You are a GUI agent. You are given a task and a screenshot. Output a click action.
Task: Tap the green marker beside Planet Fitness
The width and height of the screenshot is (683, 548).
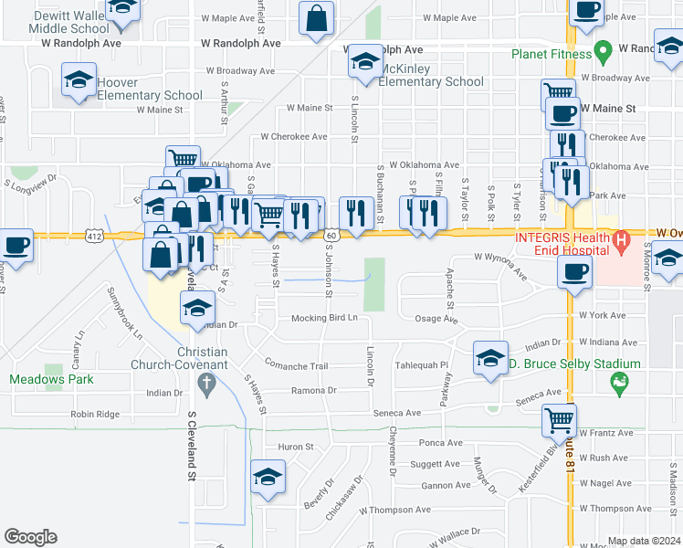[601, 48]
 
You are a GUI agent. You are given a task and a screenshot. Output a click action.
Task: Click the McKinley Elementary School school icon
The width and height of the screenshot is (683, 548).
[365, 63]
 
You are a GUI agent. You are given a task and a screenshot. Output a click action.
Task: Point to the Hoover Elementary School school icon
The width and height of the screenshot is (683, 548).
[79, 79]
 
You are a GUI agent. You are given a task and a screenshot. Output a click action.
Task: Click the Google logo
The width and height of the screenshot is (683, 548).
[30, 536]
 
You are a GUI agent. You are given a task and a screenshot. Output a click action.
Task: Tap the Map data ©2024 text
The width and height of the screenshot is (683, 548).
[643, 541]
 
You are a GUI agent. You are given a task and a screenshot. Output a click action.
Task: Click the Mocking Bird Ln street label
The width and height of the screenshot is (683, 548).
[324, 319]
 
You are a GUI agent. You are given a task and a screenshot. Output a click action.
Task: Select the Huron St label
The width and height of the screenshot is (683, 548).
[295, 448]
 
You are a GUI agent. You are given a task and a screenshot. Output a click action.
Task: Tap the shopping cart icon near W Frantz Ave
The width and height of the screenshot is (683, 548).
[559, 421]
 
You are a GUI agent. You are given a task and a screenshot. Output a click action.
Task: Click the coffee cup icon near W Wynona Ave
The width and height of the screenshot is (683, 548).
[575, 272]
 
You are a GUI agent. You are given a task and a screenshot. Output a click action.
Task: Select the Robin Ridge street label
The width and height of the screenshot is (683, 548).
[95, 414]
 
